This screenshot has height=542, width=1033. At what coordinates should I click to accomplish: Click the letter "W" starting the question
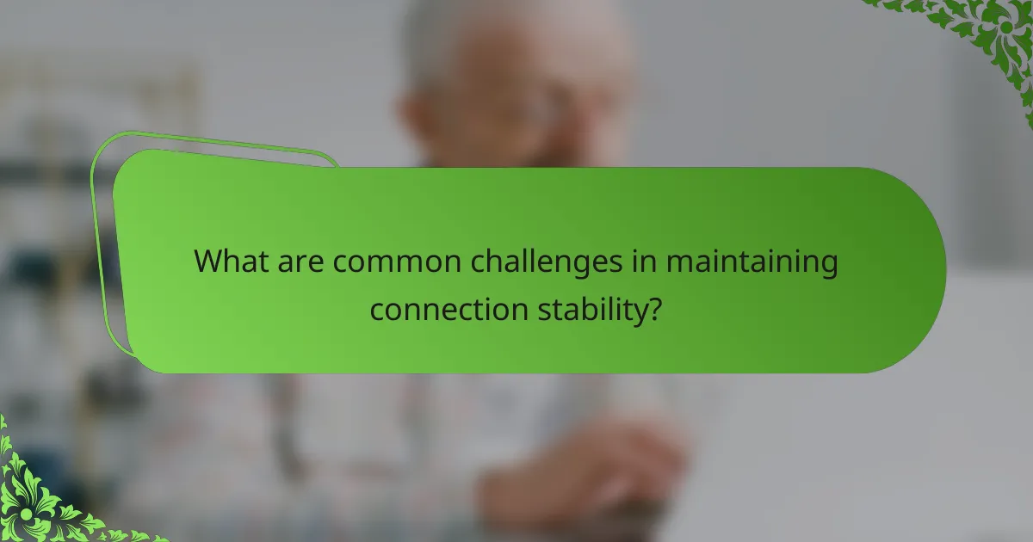pos(209,262)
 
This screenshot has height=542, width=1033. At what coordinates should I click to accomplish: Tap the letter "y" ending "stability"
pos(638,311)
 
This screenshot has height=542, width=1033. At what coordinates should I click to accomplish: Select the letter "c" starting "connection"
pos(377,309)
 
